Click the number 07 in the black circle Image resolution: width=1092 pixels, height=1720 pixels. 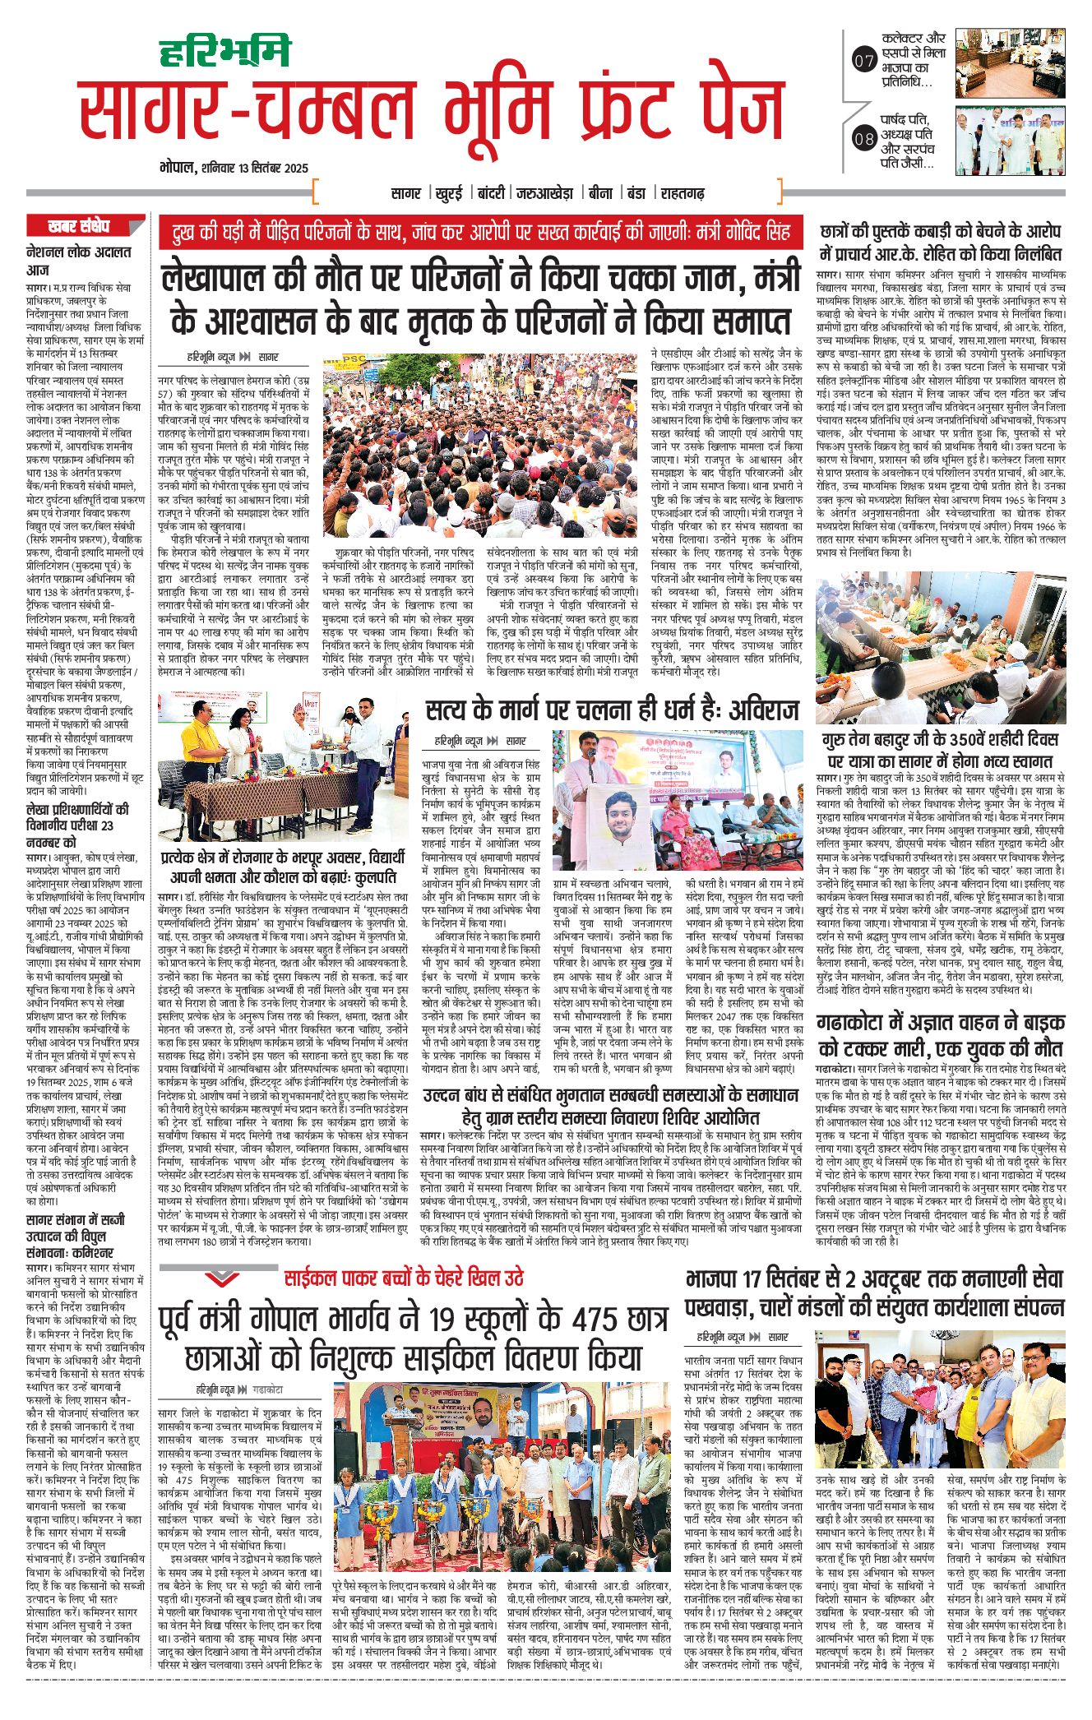tap(863, 60)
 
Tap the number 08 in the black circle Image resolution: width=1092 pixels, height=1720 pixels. tap(863, 138)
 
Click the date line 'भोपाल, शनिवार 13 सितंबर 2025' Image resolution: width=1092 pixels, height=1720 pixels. tap(234, 168)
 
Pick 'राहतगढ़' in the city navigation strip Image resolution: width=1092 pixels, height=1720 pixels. tap(682, 194)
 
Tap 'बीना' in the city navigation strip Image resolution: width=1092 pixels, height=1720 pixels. tap(599, 194)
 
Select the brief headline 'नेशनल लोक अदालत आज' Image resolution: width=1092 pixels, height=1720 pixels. tap(78, 261)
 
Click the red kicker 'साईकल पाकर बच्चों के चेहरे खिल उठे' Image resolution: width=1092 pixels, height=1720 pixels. tap(403, 1278)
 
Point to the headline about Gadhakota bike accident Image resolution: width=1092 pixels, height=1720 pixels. tap(940, 1036)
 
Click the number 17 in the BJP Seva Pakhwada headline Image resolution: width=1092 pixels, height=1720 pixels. tap(781, 1279)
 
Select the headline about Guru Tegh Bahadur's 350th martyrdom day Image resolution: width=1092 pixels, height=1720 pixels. tap(940, 750)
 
